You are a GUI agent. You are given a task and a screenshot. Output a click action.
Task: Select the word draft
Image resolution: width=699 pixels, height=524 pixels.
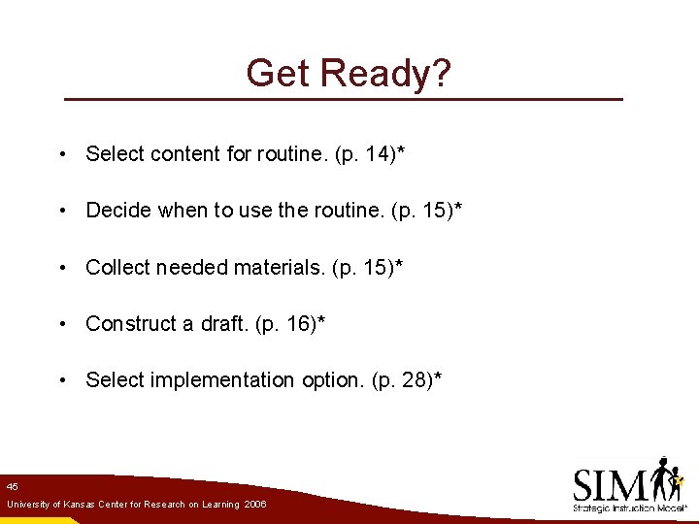222,324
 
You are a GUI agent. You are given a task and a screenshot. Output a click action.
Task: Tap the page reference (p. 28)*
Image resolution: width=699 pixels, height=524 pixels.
407,380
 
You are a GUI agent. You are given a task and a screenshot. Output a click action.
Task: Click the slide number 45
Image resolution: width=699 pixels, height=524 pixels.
12,486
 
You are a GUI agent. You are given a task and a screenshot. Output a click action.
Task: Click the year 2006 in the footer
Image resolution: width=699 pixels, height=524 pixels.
255,506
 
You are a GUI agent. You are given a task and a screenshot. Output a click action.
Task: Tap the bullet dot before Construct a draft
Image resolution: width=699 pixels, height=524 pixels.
62,324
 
